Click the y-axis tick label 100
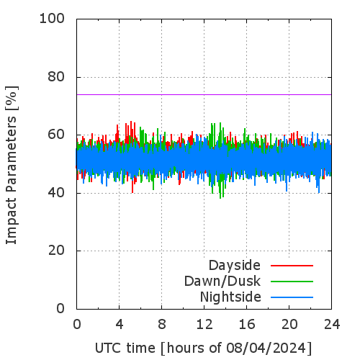click(52, 19)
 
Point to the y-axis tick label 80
click(56, 77)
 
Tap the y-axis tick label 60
click(56, 135)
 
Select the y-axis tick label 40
click(56, 193)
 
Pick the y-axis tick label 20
click(56, 251)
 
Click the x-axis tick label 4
click(120, 325)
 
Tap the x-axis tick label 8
click(162, 325)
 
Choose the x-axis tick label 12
click(204, 325)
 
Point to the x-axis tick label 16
click(247, 325)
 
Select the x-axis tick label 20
click(289, 325)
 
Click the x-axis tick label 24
click(332, 325)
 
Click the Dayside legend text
click(235, 266)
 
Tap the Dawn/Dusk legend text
click(222, 281)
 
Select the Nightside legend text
click(230, 297)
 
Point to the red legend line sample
click(292, 266)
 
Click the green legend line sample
click(292, 282)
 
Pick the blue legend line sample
click(292, 297)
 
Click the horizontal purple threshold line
click(204, 95)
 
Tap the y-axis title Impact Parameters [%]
click(12, 165)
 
